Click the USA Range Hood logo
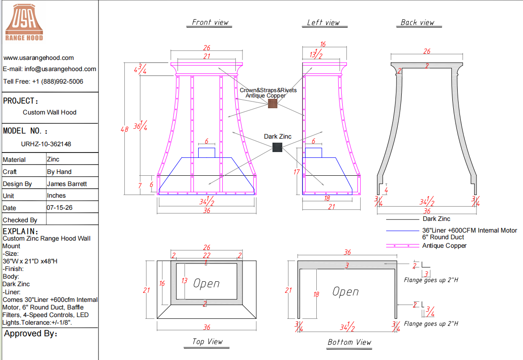coord(24,22)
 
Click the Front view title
coord(210,22)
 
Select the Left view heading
coord(323,23)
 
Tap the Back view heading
coord(417,23)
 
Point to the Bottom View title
coord(349,342)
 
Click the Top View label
coord(207,342)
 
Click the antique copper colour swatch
coord(273,103)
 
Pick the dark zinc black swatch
coord(277,147)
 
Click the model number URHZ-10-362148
coord(46,144)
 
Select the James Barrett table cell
coord(67,184)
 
